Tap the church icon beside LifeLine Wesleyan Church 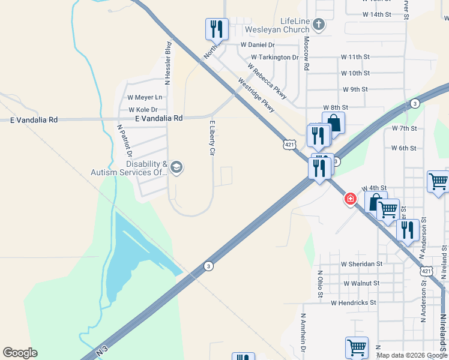(x=319, y=25)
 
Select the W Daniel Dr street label (x=257, y=45)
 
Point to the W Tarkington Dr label (x=274, y=58)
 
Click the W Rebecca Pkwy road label (x=267, y=81)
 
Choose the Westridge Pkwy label (x=256, y=95)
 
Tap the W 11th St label (x=355, y=56)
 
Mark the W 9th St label (x=355, y=89)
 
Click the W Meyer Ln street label (x=145, y=97)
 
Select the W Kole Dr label (x=143, y=110)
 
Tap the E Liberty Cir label (x=211, y=138)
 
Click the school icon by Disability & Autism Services (x=176, y=167)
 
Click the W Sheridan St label (x=361, y=264)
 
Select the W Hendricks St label (x=354, y=303)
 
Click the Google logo (x=20, y=353)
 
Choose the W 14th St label (x=377, y=14)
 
